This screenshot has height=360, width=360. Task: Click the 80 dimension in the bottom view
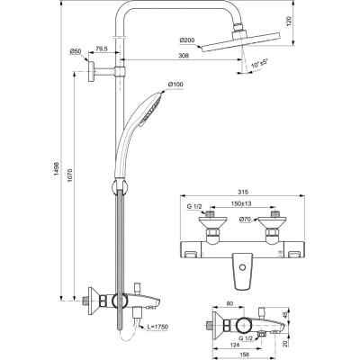point(232,305)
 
